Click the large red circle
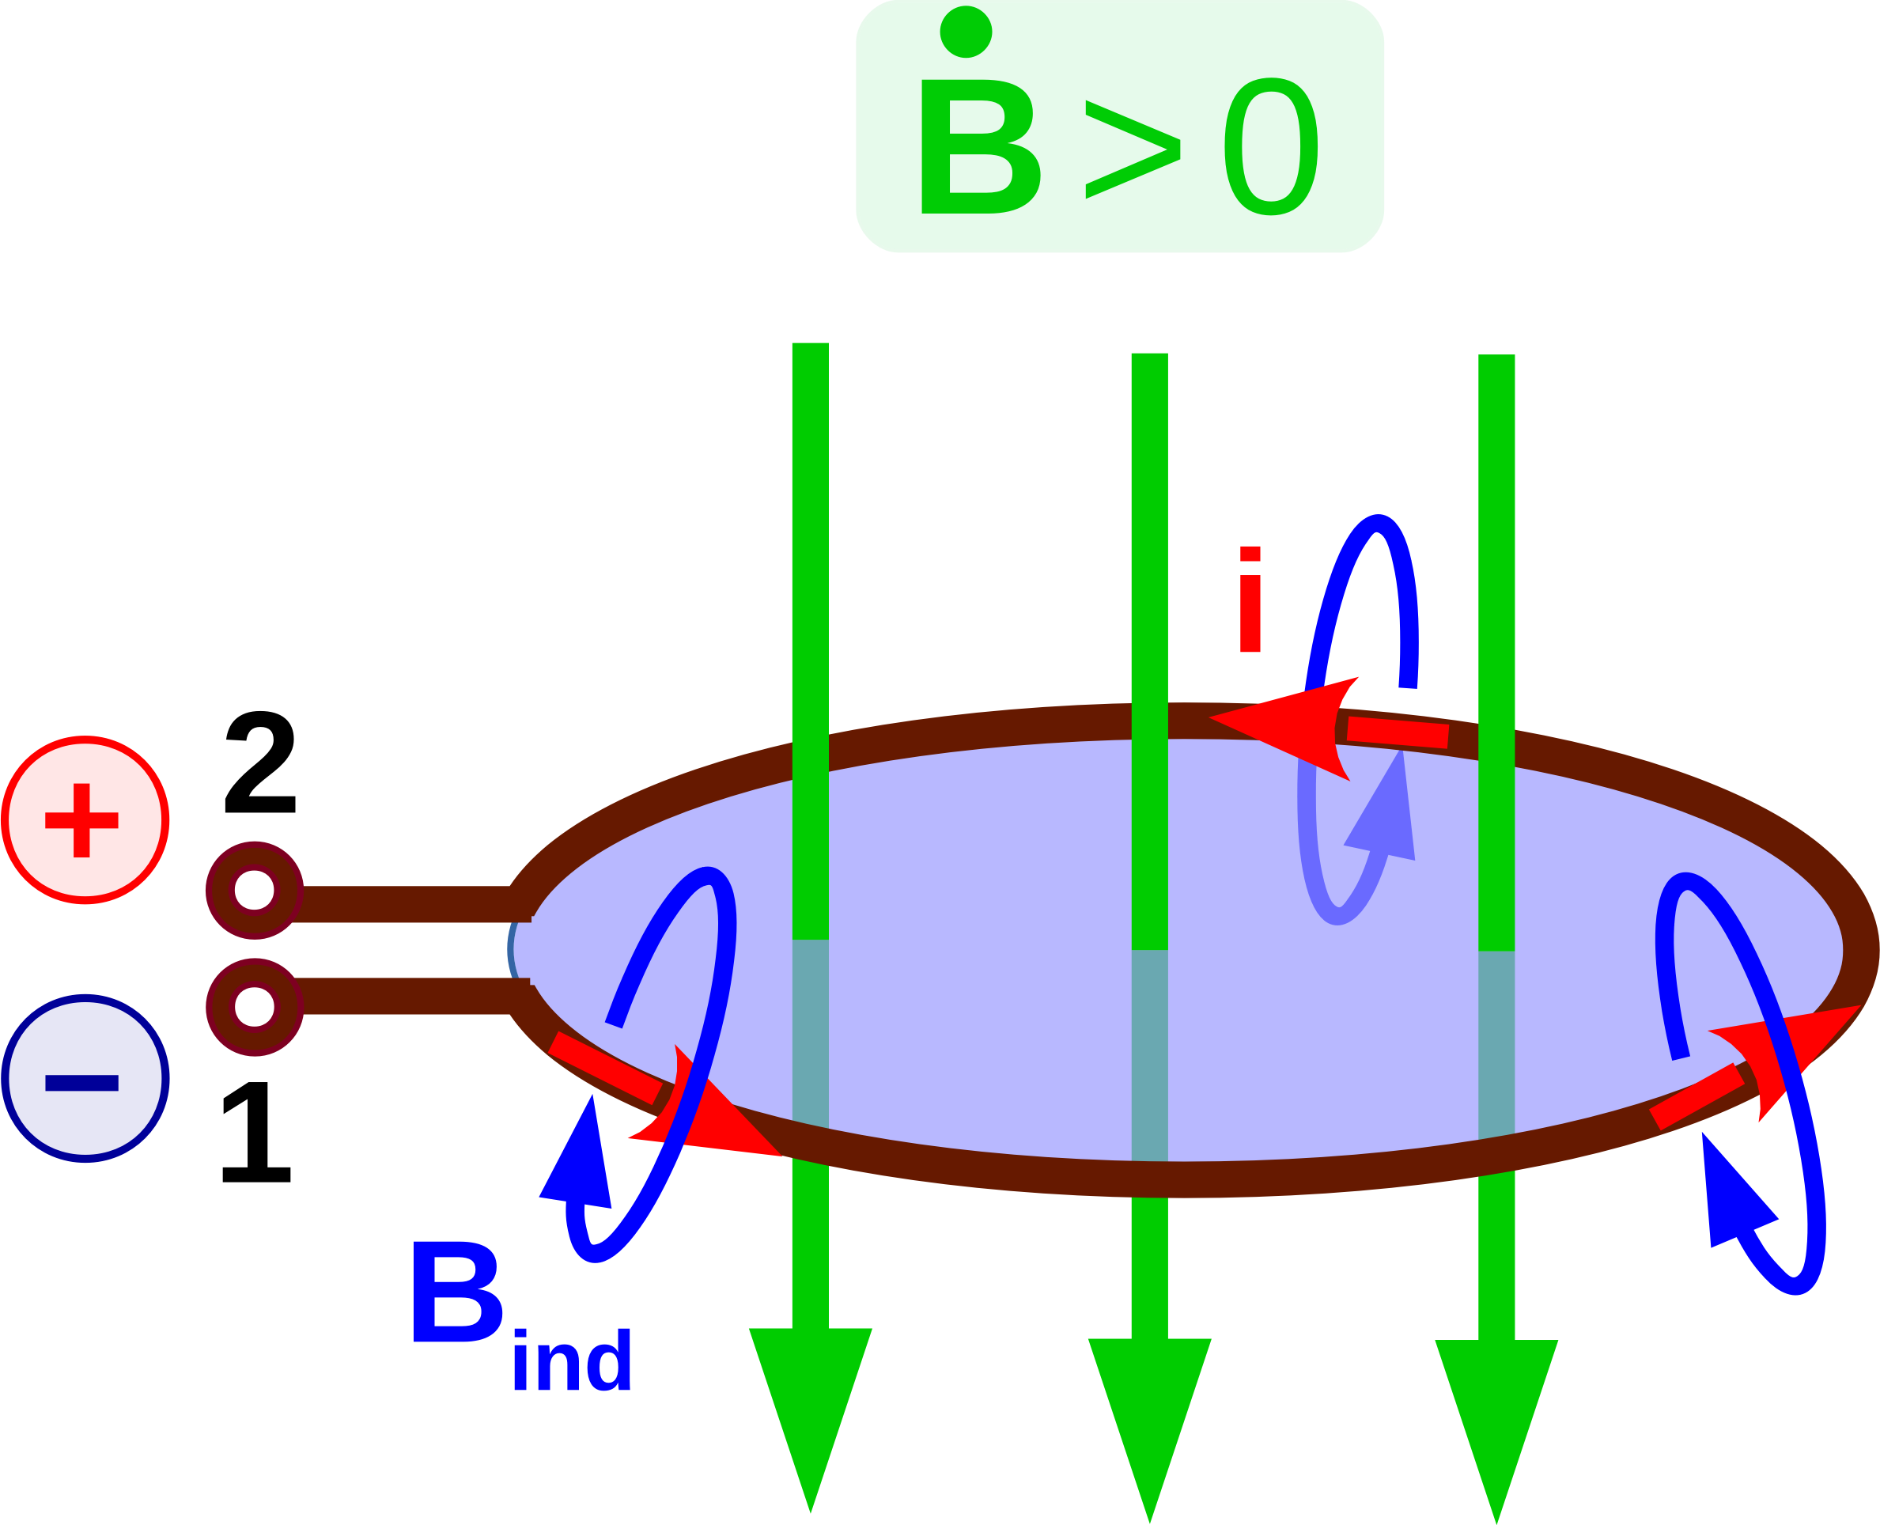point(85,819)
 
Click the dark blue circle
point(85,1079)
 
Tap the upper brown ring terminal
point(255,891)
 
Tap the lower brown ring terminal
point(255,1007)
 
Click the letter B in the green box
point(979,146)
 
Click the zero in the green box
point(1270,146)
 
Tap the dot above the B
point(966,32)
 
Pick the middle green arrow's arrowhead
point(1149,1414)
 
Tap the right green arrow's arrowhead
point(1496,1415)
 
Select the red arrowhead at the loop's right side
point(1792,1050)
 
